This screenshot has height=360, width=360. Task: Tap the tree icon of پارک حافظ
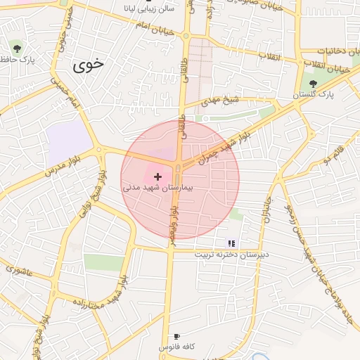[x=17, y=49]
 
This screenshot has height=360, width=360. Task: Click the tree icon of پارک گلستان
[x=313, y=83]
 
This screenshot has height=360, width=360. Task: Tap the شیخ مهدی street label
[x=222, y=102]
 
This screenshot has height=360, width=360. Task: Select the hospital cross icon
[x=157, y=176]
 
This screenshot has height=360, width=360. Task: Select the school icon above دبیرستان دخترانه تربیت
[x=232, y=243]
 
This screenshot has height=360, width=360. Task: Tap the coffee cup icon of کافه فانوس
[x=176, y=336]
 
